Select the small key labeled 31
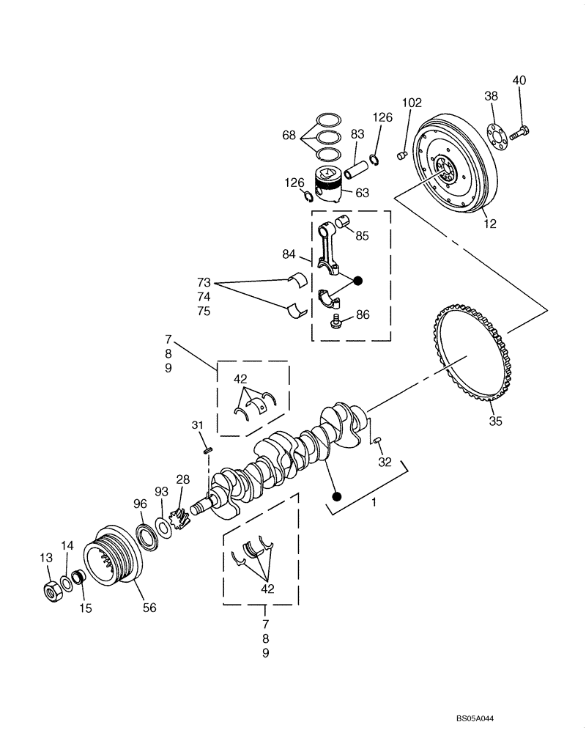[x=207, y=450]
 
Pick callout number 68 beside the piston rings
[x=289, y=136]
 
